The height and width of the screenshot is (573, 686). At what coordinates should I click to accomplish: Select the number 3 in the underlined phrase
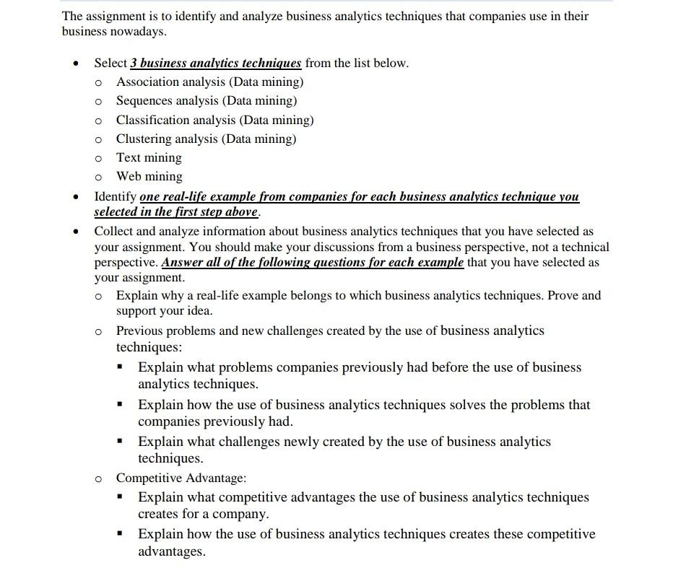pos(134,63)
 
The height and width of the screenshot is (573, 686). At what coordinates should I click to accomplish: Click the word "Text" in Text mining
pos(129,157)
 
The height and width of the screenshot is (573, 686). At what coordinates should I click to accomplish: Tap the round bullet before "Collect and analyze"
pos(75,232)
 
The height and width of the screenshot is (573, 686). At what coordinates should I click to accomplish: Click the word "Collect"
pos(114,231)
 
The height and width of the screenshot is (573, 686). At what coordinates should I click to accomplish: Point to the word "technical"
pos(583,247)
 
